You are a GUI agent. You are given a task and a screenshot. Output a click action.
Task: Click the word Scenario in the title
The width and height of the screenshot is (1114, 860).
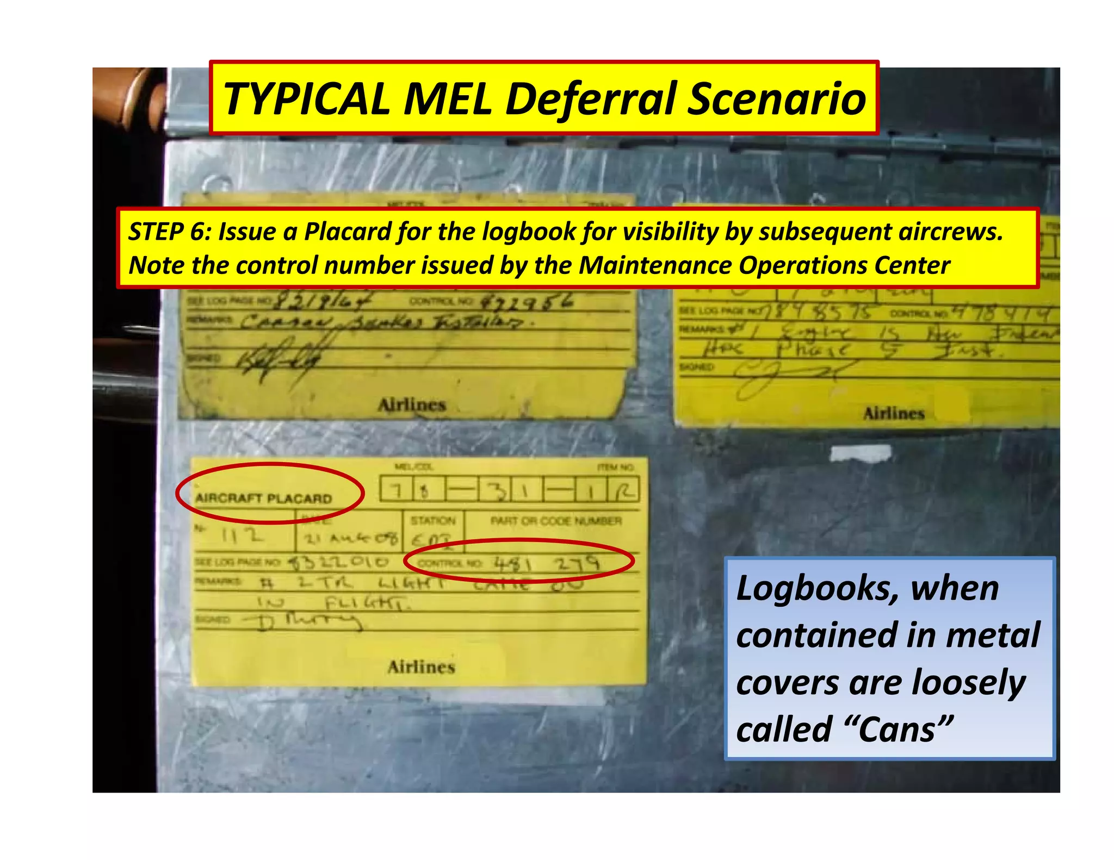tap(777, 99)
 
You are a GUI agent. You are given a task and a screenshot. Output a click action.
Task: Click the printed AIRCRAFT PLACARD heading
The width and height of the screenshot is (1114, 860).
tap(263, 498)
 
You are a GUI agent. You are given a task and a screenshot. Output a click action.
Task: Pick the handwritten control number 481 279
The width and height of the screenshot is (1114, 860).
tap(546, 564)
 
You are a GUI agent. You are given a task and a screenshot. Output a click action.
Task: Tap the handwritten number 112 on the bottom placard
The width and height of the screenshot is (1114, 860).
tap(242, 537)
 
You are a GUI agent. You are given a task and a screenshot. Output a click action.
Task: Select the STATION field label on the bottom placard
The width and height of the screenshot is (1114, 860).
tap(433, 521)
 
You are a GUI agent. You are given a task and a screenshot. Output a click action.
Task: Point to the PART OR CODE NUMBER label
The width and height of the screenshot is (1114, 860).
tap(555, 521)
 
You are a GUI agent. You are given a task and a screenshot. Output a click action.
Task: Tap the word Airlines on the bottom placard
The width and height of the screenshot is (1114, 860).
tap(421, 667)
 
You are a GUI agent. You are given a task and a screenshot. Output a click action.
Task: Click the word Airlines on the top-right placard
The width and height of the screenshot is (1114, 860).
tap(894, 414)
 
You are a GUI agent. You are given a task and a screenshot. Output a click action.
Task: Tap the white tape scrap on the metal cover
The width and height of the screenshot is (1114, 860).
tap(861, 453)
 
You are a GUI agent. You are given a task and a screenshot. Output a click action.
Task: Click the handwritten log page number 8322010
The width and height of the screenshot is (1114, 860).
tap(338, 562)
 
